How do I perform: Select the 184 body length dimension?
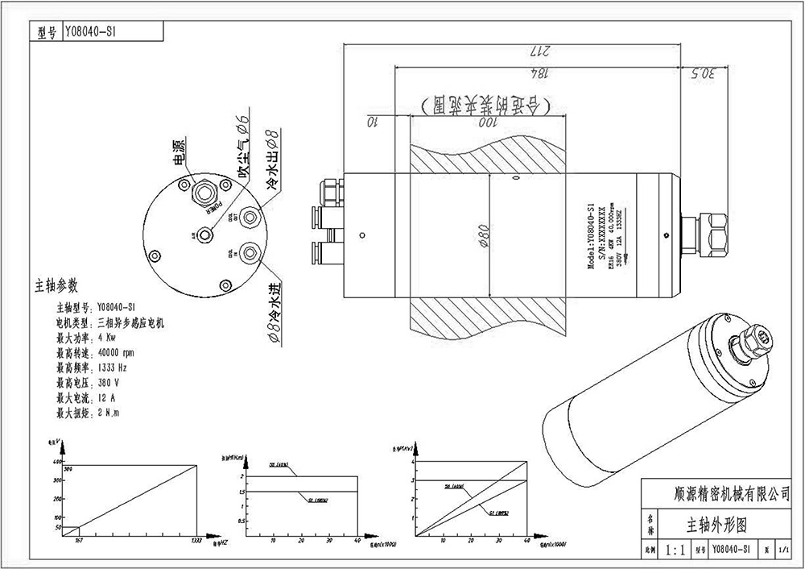[x=539, y=73]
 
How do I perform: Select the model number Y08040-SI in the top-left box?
[x=86, y=32]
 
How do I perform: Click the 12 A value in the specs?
[x=107, y=397]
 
